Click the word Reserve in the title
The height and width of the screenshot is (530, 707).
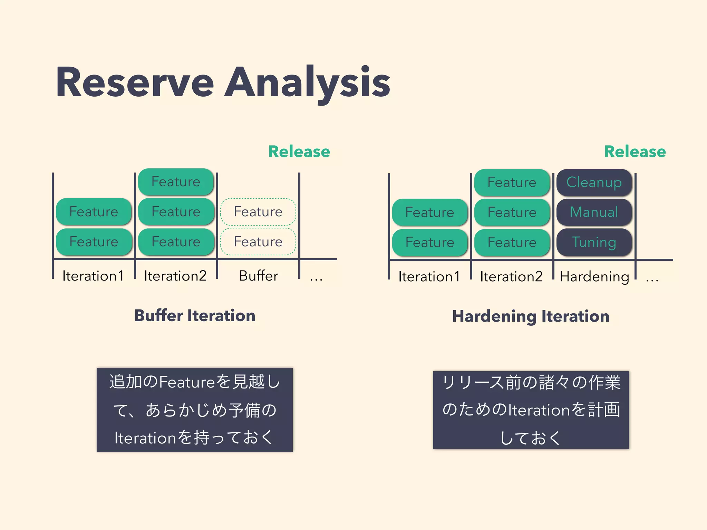click(x=135, y=83)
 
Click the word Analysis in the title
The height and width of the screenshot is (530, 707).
click(x=307, y=83)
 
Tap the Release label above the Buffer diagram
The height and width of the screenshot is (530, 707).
click(x=299, y=151)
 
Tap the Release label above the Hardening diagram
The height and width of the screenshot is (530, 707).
click(x=635, y=151)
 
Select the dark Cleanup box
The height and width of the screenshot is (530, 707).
click(x=594, y=182)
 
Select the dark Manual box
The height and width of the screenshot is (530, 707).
click(x=594, y=212)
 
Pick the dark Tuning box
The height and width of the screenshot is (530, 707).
click(x=594, y=242)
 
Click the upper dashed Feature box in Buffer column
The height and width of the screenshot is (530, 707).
click(x=258, y=212)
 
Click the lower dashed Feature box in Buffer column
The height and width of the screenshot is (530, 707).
click(x=258, y=242)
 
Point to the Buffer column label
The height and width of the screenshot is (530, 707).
click(x=259, y=276)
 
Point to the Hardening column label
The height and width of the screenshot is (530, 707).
click(x=594, y=276)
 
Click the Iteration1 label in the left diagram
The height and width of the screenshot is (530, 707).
click(x=93, y=276)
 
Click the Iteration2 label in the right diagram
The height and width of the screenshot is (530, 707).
click(x=511, y=276)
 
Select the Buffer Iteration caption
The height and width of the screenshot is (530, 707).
click(x=195, y=315)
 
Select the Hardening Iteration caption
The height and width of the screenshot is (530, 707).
click(x=531, y=316)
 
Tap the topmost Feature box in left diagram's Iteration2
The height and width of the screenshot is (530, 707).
click(x=176, y=181)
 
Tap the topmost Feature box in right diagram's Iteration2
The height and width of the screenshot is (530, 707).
click(x=512, y=182)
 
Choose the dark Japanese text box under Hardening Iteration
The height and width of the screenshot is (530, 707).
click(x=531, y=410)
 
